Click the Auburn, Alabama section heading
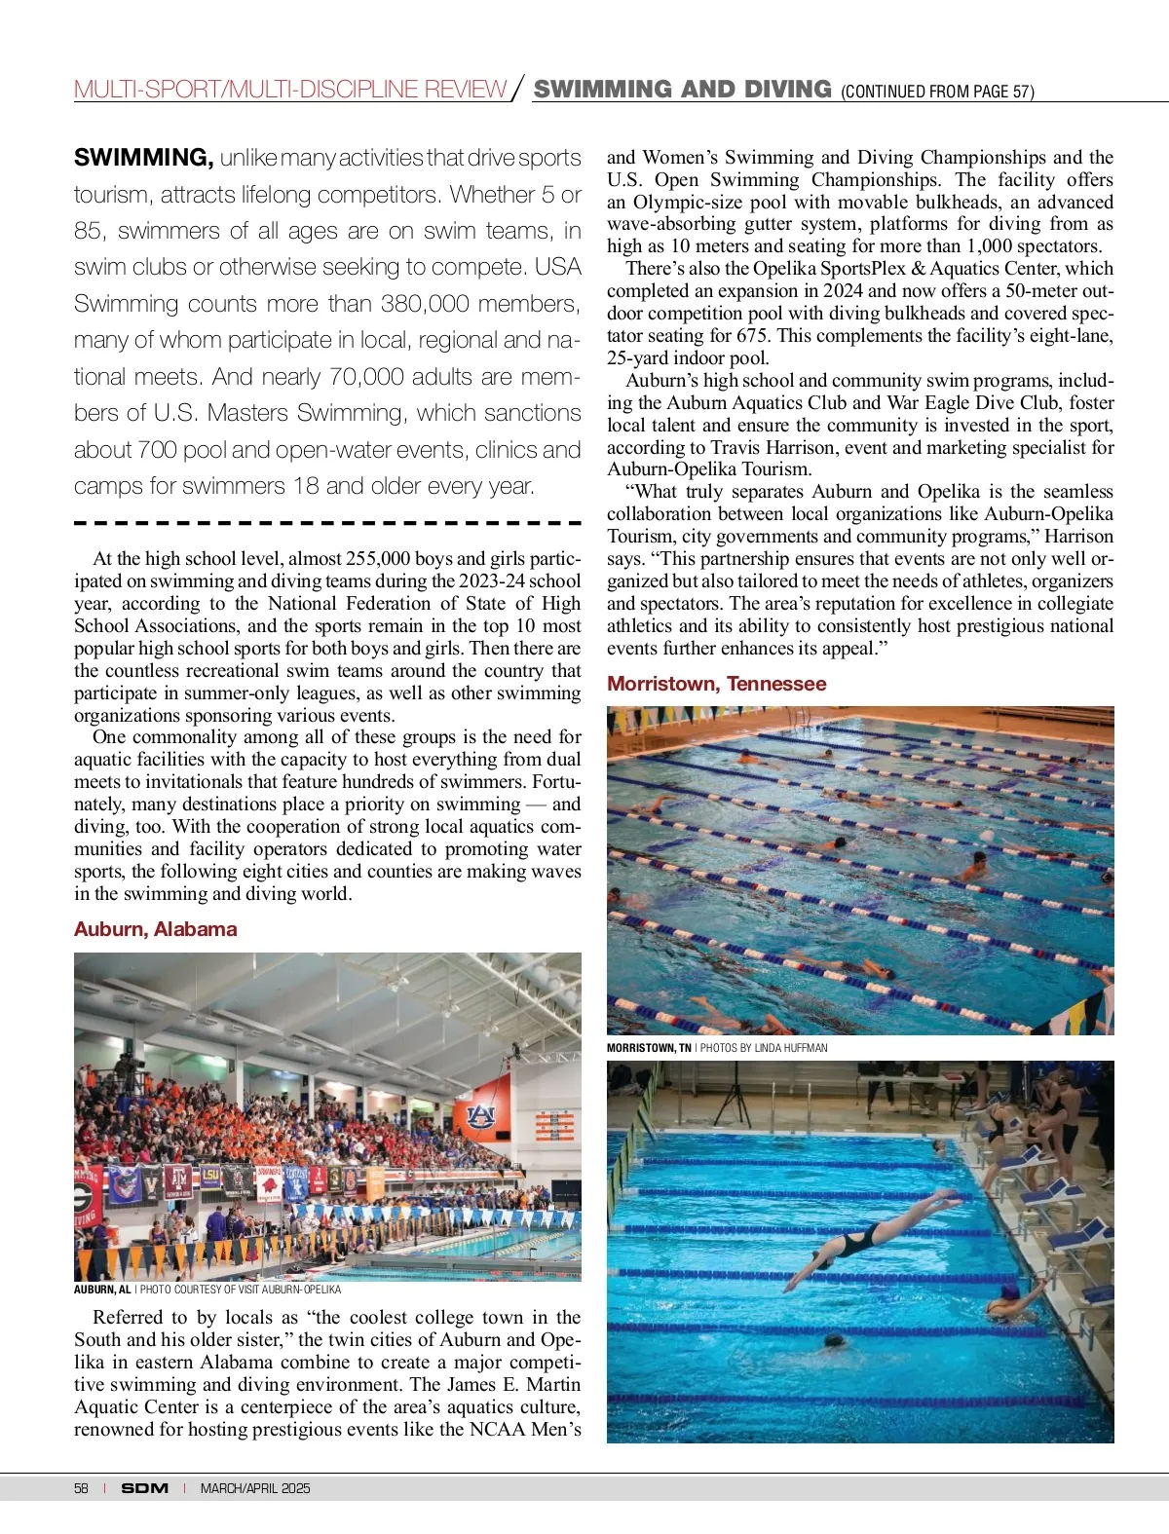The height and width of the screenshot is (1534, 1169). [156, 929]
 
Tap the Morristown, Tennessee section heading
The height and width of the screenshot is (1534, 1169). [716, 684]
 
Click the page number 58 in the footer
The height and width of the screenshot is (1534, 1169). [81, 1488]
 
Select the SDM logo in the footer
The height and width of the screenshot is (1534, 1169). [145, 1488]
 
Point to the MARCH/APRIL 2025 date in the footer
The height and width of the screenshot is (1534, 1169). [255, 1488]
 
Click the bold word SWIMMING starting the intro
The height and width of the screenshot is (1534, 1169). [143, 158]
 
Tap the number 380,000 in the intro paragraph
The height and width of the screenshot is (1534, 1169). [425, 304]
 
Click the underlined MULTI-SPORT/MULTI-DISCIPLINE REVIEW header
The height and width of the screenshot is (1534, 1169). [290, 91]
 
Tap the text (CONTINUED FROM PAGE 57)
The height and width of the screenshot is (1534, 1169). [937, 93]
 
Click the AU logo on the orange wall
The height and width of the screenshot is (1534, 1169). [481, 1116]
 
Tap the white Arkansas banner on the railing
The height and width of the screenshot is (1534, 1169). [268, 1182]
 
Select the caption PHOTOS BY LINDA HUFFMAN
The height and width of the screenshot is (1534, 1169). [764, 1048]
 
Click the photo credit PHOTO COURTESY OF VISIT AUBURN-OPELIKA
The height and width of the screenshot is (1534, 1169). [241, 1290]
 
